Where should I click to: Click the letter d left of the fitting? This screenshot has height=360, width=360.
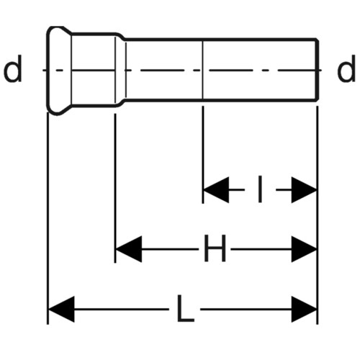[13, 68]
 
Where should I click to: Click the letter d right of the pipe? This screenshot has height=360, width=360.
[346, 68]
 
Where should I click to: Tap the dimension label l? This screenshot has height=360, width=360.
[260, 189]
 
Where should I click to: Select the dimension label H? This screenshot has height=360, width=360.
[215, 248]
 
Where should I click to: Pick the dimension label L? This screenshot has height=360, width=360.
[185, 308]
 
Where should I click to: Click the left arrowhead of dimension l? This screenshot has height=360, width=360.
[216, 190]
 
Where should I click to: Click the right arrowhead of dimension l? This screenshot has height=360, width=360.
[304, 190]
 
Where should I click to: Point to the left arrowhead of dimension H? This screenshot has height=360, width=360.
[129, 249]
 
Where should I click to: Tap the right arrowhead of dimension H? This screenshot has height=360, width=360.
[304, 249]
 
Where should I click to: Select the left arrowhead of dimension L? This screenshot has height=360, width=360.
[61, 309]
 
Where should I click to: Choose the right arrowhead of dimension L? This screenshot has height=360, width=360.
[304, 309]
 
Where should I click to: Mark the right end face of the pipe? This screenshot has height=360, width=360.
[318, 70]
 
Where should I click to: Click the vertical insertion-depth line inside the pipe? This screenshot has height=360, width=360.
[203, 70]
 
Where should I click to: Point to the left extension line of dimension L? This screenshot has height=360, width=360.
[48, 218]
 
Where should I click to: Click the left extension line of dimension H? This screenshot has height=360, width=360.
[115, 188]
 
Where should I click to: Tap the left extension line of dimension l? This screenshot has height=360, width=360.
[203, 155]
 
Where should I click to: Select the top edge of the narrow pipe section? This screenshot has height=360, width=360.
[221, 39]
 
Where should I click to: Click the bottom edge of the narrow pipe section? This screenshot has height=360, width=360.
[221, 99]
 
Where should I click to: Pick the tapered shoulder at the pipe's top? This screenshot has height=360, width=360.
[121, 35]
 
